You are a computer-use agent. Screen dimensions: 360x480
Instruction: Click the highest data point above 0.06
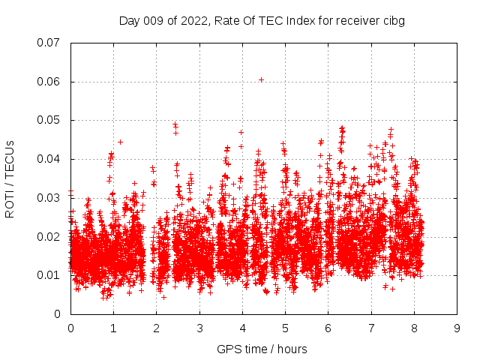[x=261, y=79]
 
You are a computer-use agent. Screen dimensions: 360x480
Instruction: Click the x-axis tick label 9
[x=457, y=328]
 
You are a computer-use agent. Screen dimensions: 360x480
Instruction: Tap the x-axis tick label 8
[x=414, y=328]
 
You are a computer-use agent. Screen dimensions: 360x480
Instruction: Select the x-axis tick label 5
[x=285, y=328]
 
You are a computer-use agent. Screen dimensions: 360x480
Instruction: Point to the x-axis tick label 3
[x=199, y=328]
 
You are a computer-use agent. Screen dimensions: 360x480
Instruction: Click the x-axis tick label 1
[x=113, y=328]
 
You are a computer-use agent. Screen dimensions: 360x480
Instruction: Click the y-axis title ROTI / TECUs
[x=10, y=178]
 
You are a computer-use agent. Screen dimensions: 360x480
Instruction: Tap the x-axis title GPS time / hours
[x=262, y=349]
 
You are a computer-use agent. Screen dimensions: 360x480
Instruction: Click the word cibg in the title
[x=394, y=21]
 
